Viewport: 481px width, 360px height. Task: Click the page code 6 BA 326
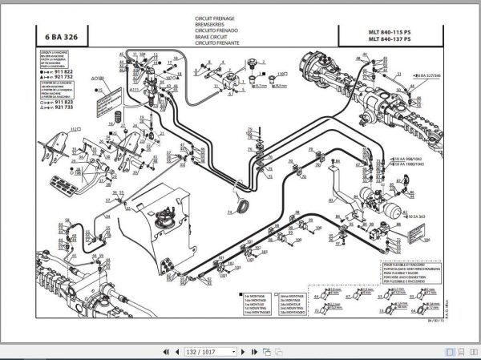pyautogui.click(x=60, y=34)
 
